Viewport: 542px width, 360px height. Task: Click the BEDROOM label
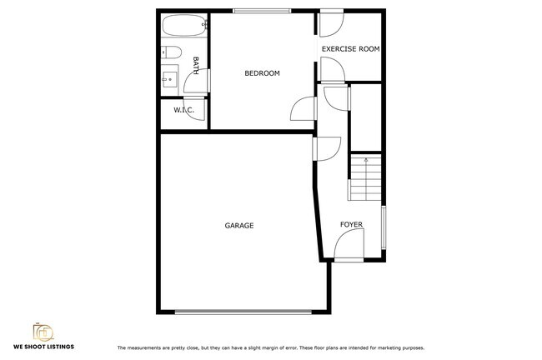tap(262, 73)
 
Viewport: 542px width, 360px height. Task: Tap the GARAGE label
tap(239, 226)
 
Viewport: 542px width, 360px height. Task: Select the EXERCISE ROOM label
tap(350, 49)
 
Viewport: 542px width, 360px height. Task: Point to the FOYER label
tap(351, 225)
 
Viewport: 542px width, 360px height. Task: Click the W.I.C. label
tap(183, 110)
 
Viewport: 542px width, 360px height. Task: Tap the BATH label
tap(196, 63)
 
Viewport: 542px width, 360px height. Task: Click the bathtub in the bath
tap(181, 26)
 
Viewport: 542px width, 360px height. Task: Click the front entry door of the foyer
tap(349, 247)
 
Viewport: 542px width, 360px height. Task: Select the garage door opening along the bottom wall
tap(244, 312)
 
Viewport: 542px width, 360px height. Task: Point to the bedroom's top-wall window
tap(262, 11)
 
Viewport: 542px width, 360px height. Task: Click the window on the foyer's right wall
tap(384, 227)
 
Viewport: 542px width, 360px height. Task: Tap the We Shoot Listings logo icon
tap(43, 332)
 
